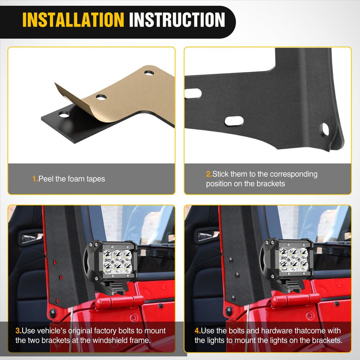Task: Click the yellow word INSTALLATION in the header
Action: click(73, 20)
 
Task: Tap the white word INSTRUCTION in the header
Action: click(177, 20)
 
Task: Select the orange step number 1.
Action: click(35, 179)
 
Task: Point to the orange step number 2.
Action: click(209, 174)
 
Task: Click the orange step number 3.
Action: click(18, 330)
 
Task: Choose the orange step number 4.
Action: click(198, 330)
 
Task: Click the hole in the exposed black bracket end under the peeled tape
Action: click(64, 114)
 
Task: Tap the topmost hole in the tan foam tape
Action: click(149, 73)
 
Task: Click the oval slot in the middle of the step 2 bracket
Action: click(234, 121)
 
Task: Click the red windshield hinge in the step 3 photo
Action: click(119, 302)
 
